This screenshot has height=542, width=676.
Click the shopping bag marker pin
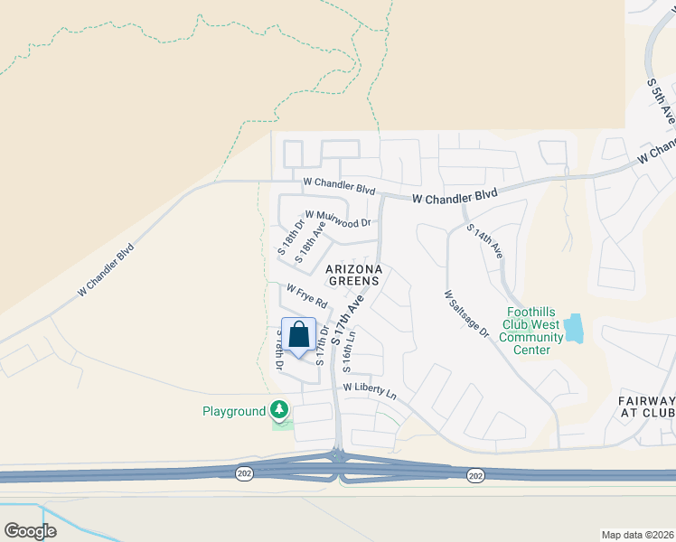pyautogui.click(x=299, y=336)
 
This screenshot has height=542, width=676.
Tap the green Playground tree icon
pyautogui.click(x=281, y=411)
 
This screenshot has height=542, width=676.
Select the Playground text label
pyautogui.click(x=233, y=412)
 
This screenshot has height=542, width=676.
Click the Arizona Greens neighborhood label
pyautogui.click(x=354, y=276)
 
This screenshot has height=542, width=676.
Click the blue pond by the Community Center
pyautogui.click(x=573, y=329)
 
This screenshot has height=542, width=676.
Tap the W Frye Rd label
pyautogui.click(x=306, y=295)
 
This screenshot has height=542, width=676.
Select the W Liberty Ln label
pyautogui.click(x=370, y=391)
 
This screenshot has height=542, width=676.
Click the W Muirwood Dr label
pyautogui.click(x=338, y=218)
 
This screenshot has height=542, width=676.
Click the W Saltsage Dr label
pyautogui.click(x=466, y=313)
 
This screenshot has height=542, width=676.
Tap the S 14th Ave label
pyautogui.click(x=484, y=241)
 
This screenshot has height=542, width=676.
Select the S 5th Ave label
pyautogui.click(x=661, y=100)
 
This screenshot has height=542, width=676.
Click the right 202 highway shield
pyautogui.click(x=474, y=475)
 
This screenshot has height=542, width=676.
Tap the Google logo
pyautogui.click(x=30, y=531)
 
